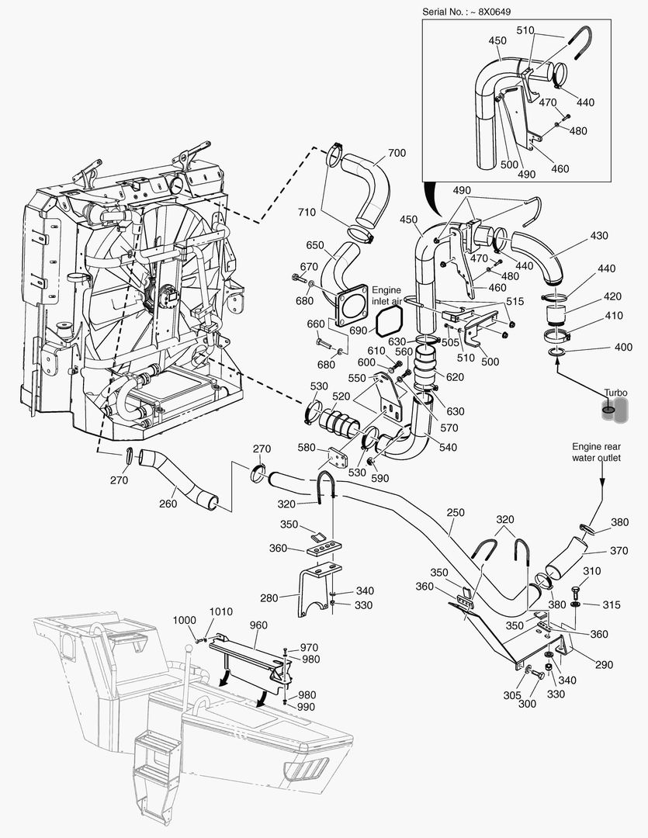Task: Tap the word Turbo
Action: tap(617, 393)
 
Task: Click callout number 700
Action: tap(396, 154)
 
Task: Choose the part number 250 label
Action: tap(456, 513)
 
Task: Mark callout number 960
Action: tap(258, 624)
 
